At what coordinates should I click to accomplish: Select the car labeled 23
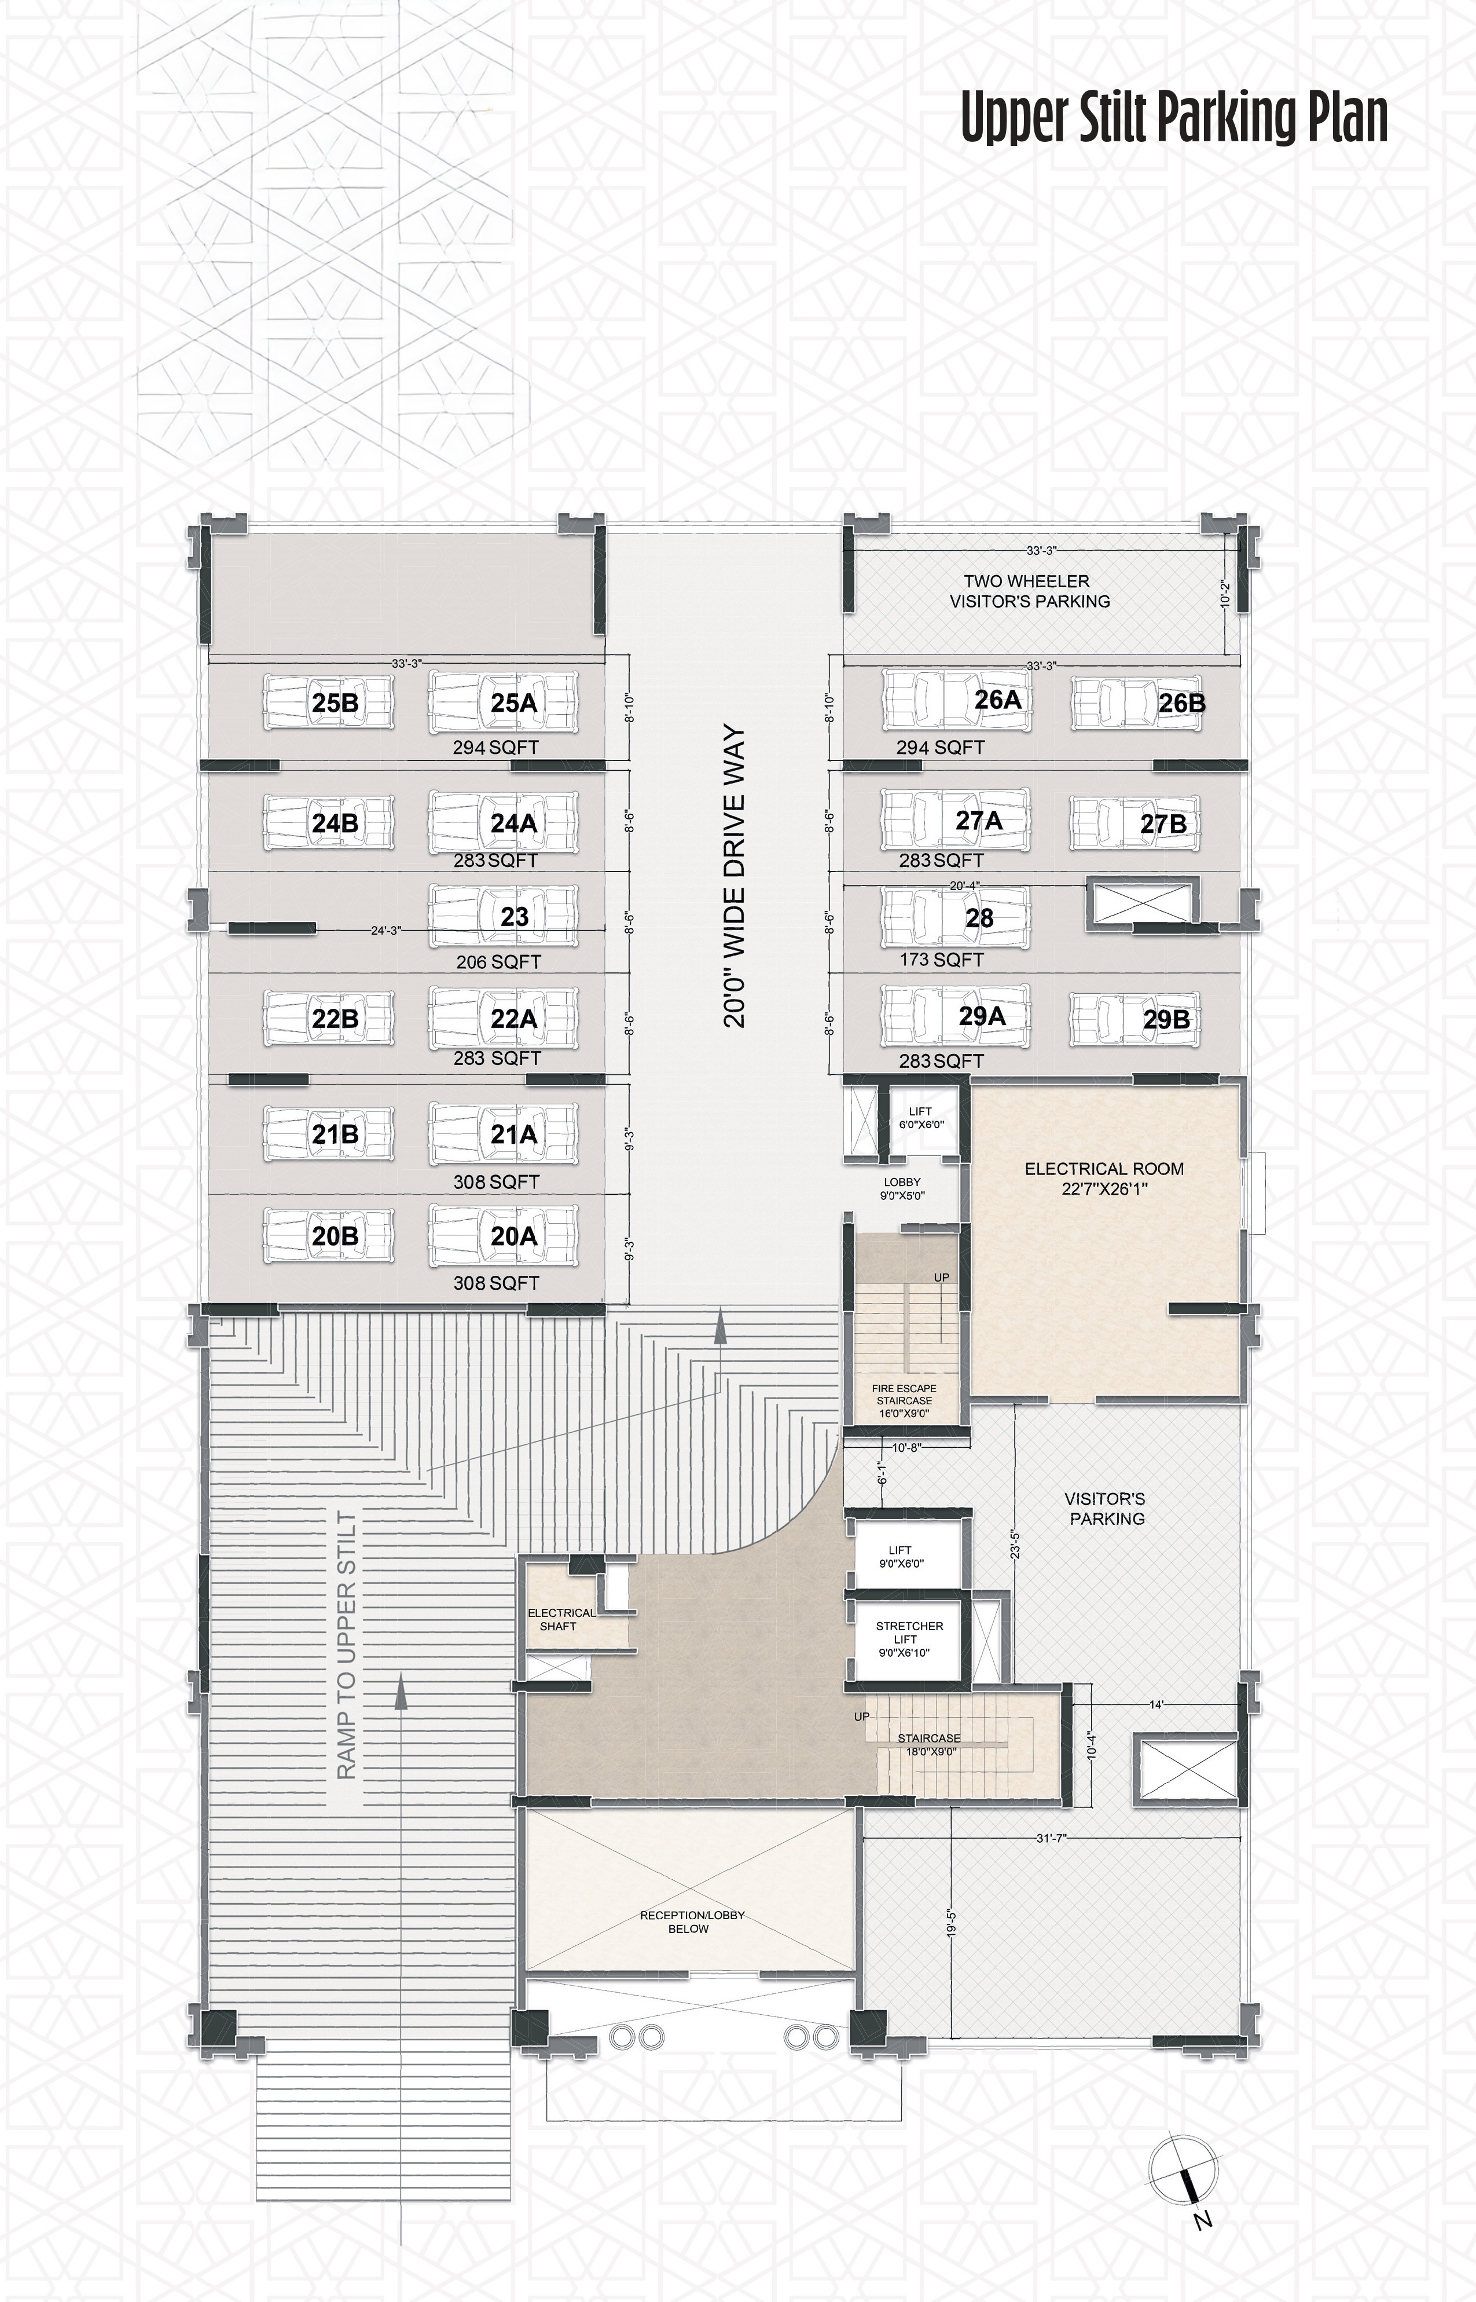(x=504, y=917)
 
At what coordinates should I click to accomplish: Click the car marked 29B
(x=1137, y=1018)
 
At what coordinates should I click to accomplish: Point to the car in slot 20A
(x=504, y=1236)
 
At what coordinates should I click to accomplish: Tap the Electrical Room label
(x=1104, y=1179)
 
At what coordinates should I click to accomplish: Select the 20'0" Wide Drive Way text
(x=734, y=877)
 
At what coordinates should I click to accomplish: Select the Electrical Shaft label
(x=561, y=1619)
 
